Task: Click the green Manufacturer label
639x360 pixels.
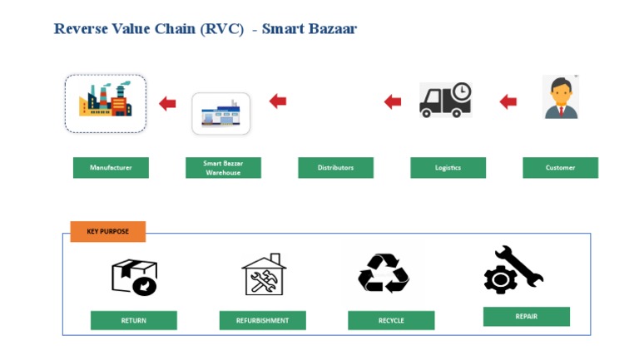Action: click(111, 168)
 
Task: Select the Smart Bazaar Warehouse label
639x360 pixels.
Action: click(223, 168)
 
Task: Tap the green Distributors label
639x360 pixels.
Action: click(335, 168)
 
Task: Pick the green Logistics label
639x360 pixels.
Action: click(448, 168)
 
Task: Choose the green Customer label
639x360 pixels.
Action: click(560, 168)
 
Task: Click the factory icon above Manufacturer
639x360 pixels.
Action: click(106, 103)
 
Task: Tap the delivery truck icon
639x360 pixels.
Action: click(445, 100)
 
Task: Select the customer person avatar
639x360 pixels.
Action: click(561, 98)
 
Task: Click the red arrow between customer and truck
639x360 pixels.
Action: click(508, 102)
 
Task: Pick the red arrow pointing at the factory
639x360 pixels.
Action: click(167, 104)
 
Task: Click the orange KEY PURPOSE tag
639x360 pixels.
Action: click(107, 231)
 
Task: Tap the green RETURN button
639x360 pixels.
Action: click(133, 320)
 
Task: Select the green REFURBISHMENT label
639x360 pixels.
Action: click(262, 320)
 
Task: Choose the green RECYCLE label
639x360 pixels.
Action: click(391, 320)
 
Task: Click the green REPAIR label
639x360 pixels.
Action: click(526, 316)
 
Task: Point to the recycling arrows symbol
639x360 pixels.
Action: click(384, 273)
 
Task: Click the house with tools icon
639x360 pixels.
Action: click(264, 274)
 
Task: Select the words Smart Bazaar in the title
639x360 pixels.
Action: click(309, 29)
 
